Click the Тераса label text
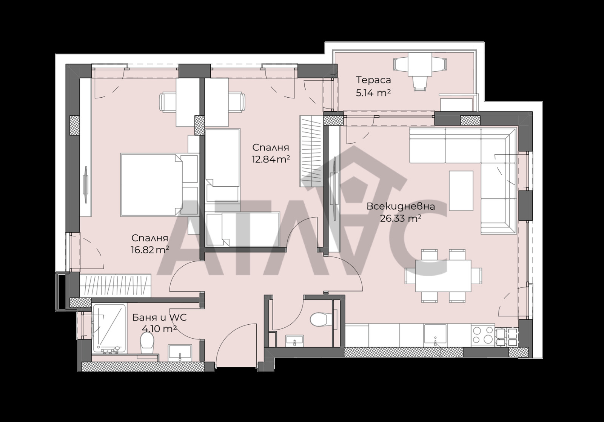373,80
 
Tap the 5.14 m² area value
373,93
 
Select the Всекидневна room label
401,207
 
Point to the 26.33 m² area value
401,218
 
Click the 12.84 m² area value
271,160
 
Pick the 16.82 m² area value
150,250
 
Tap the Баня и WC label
159,318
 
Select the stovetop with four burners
483,335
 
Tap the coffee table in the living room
461,191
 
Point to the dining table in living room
443,276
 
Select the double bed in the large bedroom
159,185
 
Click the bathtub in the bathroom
109,329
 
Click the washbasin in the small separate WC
294,341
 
